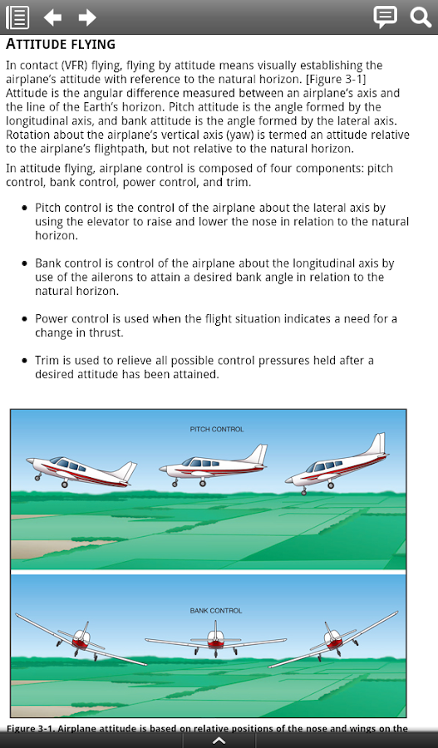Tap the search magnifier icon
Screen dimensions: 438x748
pos(421,17)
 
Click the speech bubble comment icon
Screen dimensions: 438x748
pos(385,17)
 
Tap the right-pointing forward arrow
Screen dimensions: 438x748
pos(87,17)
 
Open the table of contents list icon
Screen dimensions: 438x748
pos(17,17)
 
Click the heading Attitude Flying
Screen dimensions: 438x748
pos(61,44)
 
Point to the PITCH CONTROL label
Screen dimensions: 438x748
pos(217,430)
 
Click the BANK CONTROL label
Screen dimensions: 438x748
pos(215,611)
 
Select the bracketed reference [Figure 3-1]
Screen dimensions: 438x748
pos(336,79)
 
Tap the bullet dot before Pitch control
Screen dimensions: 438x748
pos(25,208)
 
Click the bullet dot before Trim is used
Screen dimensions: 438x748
pos(25,361)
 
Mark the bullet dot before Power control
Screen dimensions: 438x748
pos(25,318)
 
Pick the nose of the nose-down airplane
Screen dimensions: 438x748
pos(288,480)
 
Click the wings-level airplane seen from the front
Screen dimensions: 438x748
pos(215,639)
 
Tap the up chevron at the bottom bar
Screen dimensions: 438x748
pos(219,741)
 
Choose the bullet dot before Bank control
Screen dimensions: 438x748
pos(25,263)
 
